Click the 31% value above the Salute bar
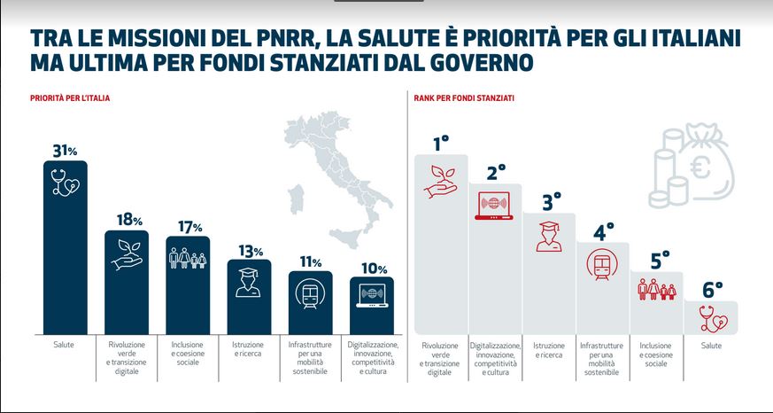(66, 151)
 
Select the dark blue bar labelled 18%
(127, 284)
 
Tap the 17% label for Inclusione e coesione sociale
(188, 227)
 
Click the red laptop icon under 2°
(495, 204)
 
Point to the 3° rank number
(550, 201)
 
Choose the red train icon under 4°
(603, 263)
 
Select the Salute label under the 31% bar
(66, 345)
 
